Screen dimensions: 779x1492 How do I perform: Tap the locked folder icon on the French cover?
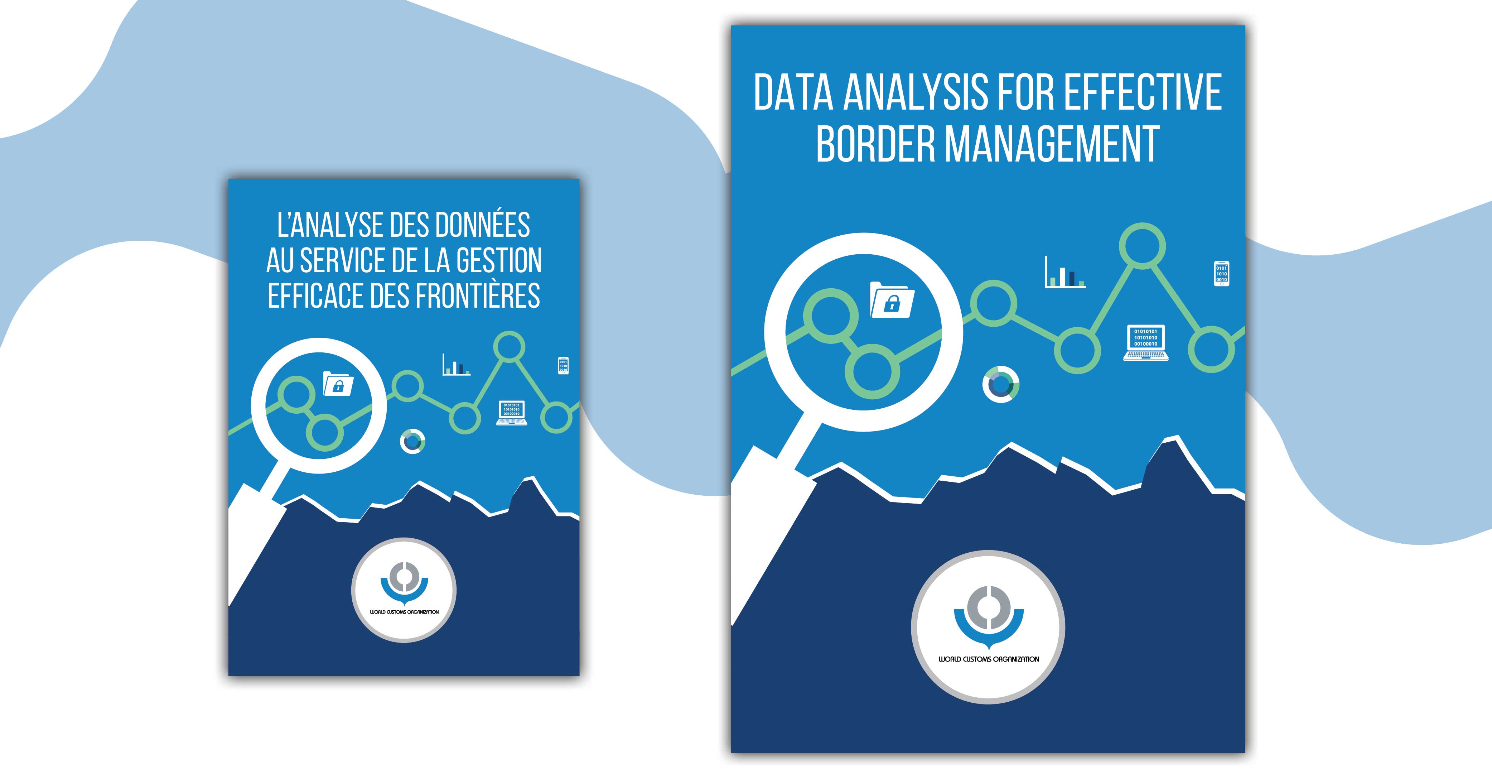click(338, 384)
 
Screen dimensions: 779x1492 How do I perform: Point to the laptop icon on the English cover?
click(1146, 343)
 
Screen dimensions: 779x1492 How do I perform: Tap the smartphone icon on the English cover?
click(1221, 273)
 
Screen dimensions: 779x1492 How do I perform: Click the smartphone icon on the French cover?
click(563, 365)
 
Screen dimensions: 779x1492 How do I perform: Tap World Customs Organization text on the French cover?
click(404, 612)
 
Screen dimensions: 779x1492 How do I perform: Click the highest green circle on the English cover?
click(1142, 246)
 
